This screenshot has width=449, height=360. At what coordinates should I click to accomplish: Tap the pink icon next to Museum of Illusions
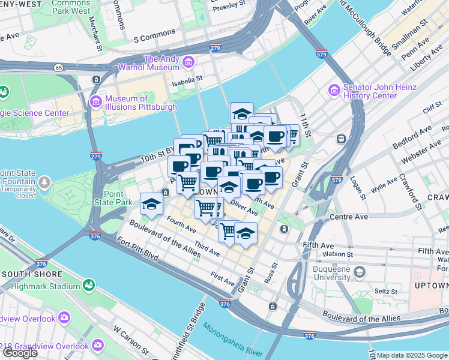tap(95, 103)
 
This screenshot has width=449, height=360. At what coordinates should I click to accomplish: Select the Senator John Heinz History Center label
tap(379, 91)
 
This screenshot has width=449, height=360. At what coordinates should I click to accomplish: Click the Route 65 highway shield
tap(58, 68)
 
